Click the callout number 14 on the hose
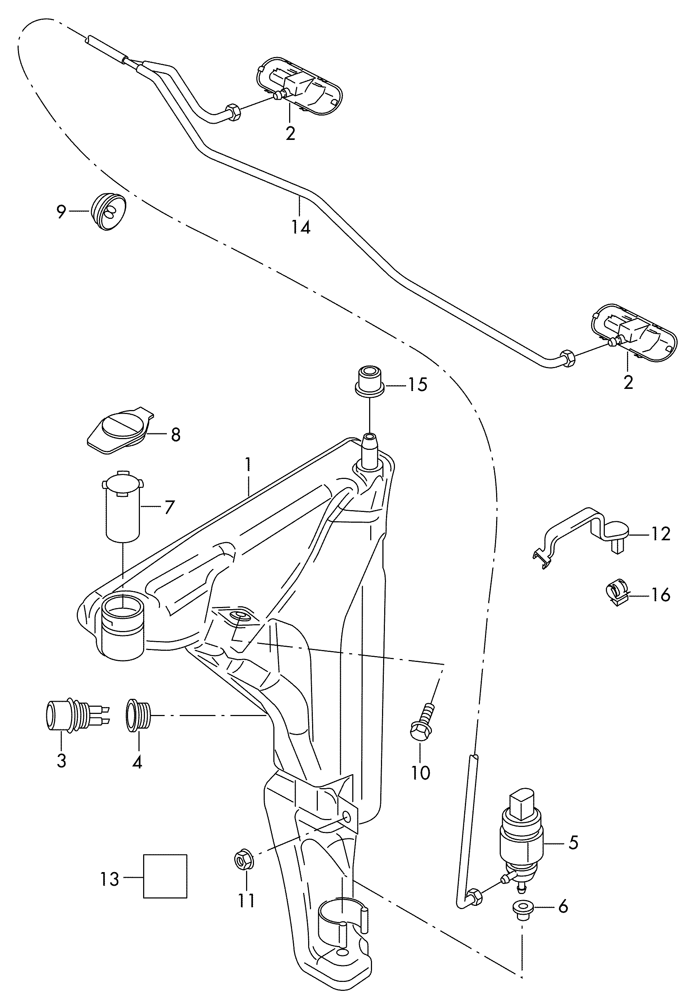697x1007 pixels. coord(301,227)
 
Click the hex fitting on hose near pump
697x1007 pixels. coord(474,896)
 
